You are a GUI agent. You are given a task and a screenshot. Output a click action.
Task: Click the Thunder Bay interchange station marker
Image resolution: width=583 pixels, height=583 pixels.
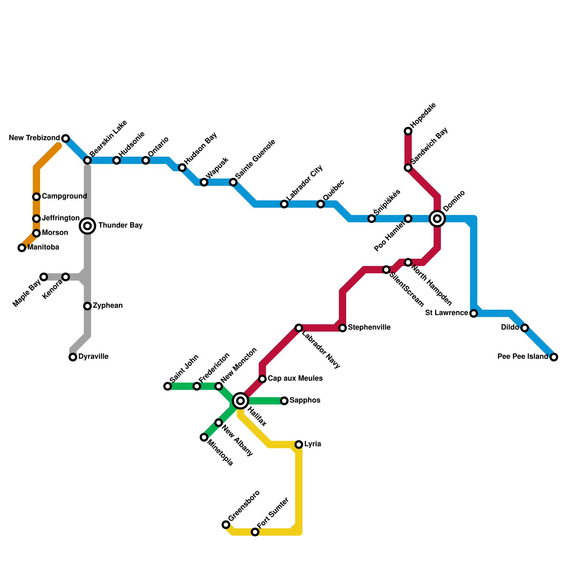[87, 226]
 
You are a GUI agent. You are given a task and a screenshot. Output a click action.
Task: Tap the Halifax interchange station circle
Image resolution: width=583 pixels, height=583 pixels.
[240, 401]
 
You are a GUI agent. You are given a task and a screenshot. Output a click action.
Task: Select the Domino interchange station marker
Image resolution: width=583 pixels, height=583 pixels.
[437, 219]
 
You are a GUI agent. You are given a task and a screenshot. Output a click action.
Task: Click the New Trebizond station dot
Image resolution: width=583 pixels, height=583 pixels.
[66, 138]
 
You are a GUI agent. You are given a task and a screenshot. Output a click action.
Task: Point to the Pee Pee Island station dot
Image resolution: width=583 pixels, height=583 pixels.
[554, 357]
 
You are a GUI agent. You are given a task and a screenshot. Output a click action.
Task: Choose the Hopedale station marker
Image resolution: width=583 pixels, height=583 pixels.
[408, 131]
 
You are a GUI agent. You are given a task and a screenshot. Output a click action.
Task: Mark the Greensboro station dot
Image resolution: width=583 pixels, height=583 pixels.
[226, 525]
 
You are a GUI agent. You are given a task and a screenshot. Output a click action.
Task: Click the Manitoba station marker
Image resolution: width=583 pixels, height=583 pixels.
[22, 248]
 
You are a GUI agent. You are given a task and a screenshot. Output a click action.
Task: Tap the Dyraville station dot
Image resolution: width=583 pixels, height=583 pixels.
[73, 357]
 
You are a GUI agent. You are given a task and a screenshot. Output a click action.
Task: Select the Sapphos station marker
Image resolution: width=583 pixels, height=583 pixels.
[284, 401]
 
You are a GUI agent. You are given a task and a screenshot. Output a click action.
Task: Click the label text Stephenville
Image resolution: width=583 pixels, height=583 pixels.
[369, 328]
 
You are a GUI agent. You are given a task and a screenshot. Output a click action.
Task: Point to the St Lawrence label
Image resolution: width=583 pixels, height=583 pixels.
[446, 313]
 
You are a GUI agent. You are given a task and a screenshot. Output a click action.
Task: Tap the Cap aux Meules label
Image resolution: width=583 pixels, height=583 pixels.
[295, 379]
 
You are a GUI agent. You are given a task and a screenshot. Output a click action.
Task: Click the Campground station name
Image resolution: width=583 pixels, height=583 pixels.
[64, 196]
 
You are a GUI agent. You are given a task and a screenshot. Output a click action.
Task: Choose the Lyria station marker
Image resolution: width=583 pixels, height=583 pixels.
[299, 445]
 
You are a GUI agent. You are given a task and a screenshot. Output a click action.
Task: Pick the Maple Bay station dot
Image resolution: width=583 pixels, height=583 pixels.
[44, 277]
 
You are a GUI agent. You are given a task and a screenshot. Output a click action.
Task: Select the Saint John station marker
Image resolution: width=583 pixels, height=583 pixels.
[168, 386]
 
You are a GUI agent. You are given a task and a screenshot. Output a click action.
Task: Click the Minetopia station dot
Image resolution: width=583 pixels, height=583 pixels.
[204, 437]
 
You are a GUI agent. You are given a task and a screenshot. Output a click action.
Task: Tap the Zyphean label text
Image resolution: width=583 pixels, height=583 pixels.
[107, 306]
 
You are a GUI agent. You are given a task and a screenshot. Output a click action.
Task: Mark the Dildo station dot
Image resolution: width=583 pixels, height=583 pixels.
[525, 328]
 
